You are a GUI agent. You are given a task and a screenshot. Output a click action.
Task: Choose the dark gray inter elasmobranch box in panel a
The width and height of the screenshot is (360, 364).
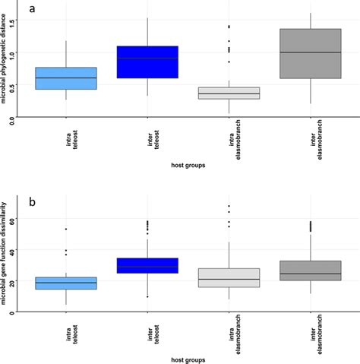point(309,54)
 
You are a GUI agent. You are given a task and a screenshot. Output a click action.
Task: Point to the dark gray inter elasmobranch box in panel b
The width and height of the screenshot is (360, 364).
point(309,271)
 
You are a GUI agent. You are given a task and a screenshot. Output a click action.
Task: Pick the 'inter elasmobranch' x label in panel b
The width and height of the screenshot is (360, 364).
point(309,329)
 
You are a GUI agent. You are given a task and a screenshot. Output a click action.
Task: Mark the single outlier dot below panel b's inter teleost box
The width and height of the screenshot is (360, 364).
point(147,296)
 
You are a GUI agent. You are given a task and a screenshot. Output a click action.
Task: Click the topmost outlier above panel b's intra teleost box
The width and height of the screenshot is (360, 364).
point(67,229)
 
